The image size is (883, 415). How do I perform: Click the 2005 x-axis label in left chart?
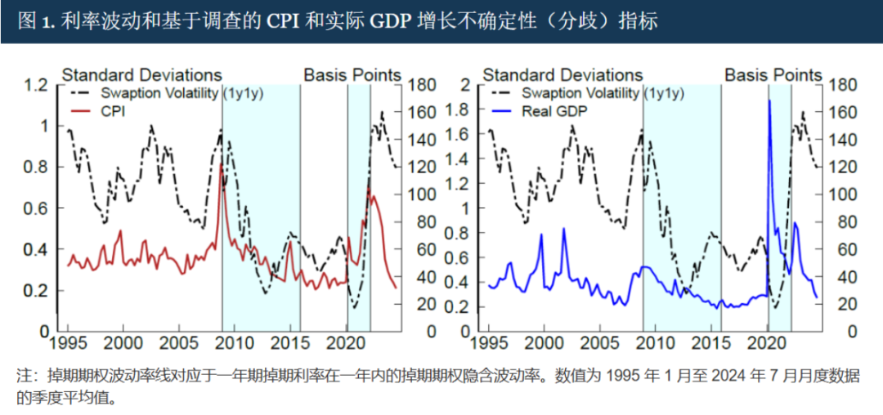pos(178,341)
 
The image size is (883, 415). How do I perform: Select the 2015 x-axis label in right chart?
pos(710,341)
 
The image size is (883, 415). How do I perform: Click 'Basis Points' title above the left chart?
pos(352,75)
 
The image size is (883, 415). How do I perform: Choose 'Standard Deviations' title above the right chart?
pos(563,75)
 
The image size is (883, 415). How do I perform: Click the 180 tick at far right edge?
pos(842,84)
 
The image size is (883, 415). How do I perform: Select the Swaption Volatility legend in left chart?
pos(160,92)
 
